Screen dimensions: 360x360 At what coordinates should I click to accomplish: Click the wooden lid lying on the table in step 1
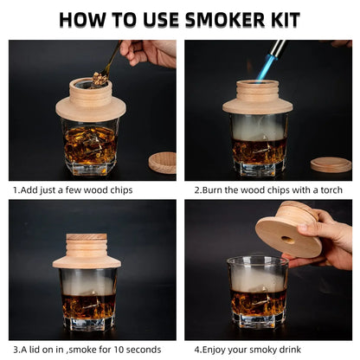click(x=162, y=162)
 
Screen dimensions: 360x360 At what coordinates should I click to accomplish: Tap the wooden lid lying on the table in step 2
click(x=331, y=164)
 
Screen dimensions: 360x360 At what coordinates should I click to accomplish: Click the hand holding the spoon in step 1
click(x=146, y=52)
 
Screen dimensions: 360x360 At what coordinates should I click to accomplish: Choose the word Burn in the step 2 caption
click(x=215, y=190)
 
